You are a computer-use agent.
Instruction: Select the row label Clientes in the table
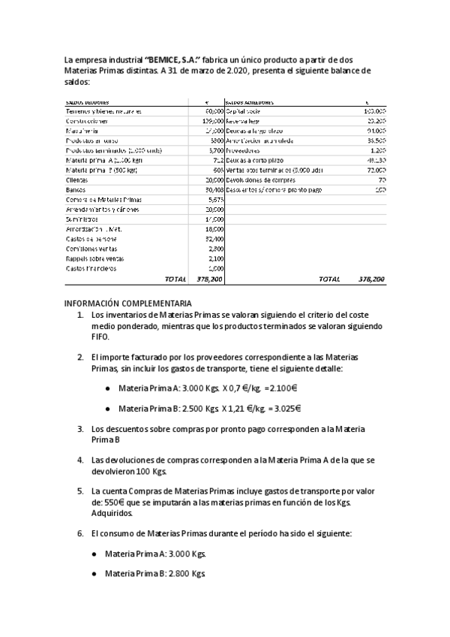76,180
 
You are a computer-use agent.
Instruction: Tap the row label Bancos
75,189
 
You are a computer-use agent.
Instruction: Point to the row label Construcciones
86,121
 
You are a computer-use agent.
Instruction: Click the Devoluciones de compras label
262,180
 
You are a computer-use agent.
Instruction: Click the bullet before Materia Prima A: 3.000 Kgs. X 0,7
109,389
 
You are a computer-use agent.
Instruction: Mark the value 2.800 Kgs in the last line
187,573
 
